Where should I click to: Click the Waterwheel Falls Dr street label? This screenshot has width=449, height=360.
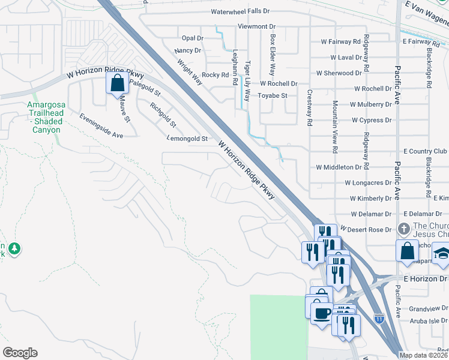point(249,11)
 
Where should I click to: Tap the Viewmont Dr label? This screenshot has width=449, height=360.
point(256,26)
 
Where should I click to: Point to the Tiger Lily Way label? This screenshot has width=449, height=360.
point(247,80)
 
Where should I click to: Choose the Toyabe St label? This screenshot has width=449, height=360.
point(273,95)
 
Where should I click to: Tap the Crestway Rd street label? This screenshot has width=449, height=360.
point(310,107)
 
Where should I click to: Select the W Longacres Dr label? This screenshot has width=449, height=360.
point(368,182)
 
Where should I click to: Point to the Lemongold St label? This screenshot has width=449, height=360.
point(187,139)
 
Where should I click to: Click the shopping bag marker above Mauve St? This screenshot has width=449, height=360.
point(117,83)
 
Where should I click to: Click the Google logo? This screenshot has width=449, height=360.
point(20,353)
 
